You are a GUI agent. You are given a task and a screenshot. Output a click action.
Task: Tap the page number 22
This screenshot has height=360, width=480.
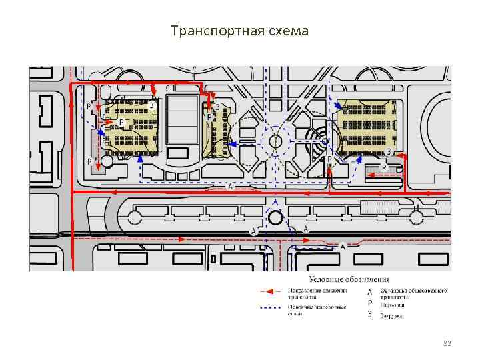pyautogui.click(x=447, y=344)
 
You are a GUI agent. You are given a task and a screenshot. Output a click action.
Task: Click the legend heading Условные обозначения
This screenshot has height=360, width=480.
pyautogui.click(x=349, y=280)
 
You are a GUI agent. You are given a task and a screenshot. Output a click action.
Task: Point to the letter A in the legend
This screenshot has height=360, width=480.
pyautogui.click(x=370, y=291)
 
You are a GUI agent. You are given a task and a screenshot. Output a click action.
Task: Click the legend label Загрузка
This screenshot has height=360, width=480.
pyautogui.click(x=392, y=315)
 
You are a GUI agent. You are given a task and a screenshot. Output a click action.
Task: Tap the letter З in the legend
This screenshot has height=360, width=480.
pyautogui.click(x=370, y=315)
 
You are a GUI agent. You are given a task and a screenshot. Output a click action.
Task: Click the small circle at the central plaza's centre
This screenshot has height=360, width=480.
pyautogui.click(x=275, y=141)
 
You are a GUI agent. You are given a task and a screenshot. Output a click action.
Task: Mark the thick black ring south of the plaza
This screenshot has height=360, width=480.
pyautogui.click(x=275, y=217)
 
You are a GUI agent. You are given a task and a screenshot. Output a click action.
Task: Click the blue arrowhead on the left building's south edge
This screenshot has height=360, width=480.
pyautogui.click(x=141, y=158)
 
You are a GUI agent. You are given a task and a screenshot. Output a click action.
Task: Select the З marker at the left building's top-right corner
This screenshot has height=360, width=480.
pyautogui.click(x=152, y=105)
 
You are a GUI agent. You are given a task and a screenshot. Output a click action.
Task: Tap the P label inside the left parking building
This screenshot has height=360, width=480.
pyautogui.click(x=121, y=122)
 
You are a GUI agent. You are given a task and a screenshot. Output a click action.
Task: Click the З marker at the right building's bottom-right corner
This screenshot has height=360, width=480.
pyautogui.click(x=389, y=152)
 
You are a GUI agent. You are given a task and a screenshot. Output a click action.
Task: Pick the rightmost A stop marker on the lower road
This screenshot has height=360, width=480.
pyautogui.click(x=343, y=246)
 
